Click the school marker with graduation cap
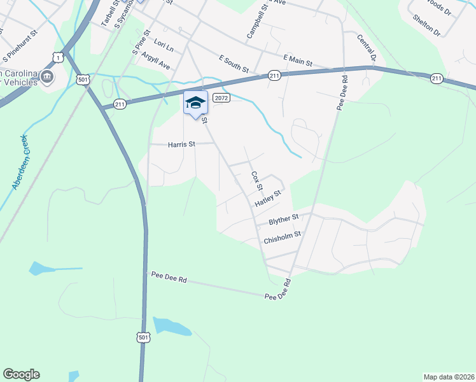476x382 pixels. point(195,103)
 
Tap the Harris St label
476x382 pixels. point(181,145)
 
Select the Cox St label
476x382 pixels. point(256,180)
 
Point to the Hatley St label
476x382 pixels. point(268,199)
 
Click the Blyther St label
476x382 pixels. point(284,220)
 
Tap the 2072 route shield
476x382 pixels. point(221,98)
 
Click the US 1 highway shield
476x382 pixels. point(58,58)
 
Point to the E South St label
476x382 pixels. point(233,63)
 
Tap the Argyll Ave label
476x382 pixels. point(156,61)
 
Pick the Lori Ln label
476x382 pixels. point(164,48)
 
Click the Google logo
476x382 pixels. point(21,374)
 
